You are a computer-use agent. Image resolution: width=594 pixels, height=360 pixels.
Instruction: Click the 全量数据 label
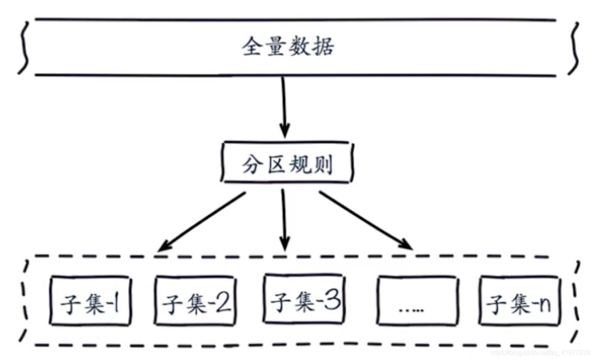[x=288, y=46]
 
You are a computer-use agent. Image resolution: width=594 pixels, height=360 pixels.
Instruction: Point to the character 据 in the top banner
[x=324, y=46]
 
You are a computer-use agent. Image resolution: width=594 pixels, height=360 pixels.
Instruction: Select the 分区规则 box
[x=287, y=163]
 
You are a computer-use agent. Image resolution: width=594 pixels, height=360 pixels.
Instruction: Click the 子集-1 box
[x=90, y=301]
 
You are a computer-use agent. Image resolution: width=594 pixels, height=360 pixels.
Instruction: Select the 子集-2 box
[x=196, y=301]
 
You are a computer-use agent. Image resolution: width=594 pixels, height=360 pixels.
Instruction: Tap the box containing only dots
[x=417, y=301]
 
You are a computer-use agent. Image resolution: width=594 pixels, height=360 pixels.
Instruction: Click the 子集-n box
[x=519, y=301]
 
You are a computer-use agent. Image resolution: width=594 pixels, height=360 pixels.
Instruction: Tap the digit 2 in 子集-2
[x=223, y=303]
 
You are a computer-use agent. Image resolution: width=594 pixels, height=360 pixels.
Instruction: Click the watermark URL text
[x=540, y=353]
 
